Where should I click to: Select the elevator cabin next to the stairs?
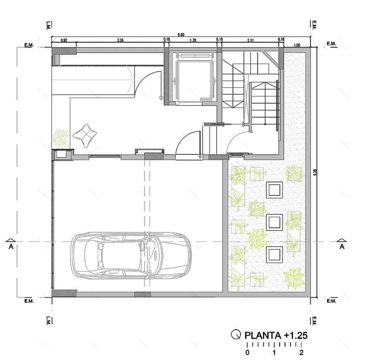194,76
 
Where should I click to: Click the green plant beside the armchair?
60,137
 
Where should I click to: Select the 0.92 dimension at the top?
64,40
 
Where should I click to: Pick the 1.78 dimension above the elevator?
193,40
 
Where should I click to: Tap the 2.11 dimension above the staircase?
250,40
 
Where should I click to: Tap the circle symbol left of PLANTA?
236,335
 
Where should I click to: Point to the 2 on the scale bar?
301,352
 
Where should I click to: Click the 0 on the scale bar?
247,352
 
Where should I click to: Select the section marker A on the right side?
342,247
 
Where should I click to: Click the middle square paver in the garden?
274,221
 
